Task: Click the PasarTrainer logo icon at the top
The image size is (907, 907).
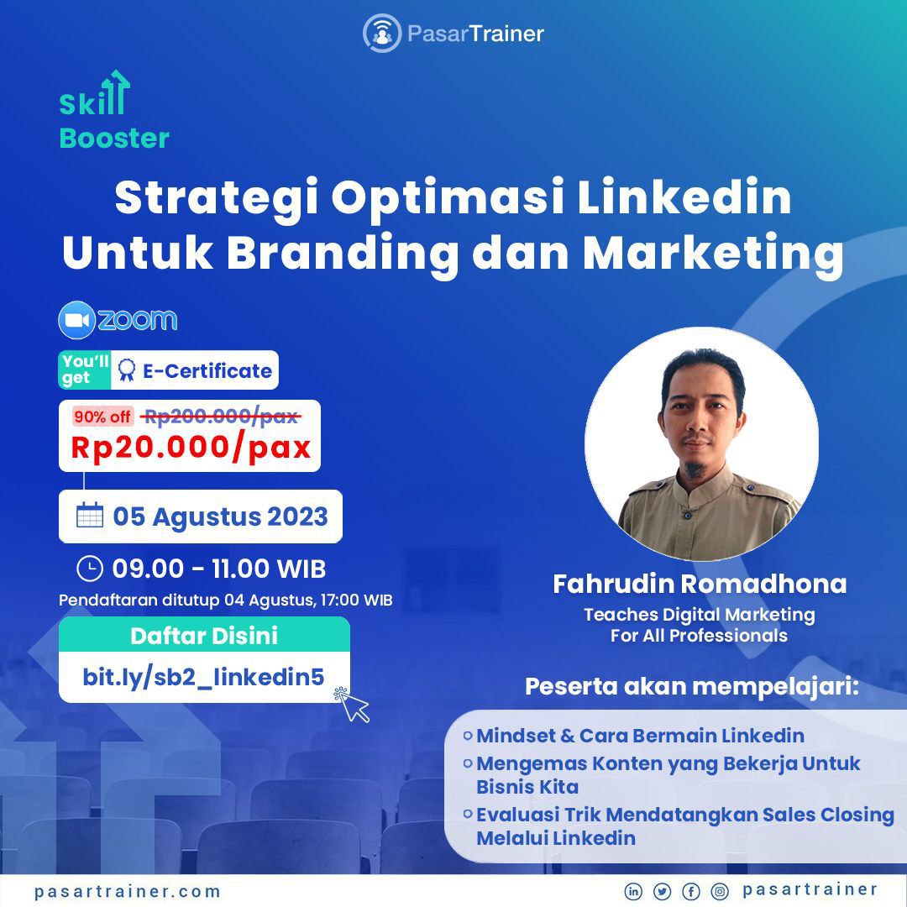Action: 382,34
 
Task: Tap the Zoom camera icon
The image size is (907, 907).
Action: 77,320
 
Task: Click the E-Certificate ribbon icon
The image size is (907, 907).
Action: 126,370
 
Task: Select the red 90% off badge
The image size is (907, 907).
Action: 102,417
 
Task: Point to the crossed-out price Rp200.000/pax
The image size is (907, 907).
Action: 221,416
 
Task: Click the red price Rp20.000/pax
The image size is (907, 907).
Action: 191,448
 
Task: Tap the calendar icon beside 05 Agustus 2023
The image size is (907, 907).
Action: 90,516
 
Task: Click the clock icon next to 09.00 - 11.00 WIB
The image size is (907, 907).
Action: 90,568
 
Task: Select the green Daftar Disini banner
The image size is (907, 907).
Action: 204,635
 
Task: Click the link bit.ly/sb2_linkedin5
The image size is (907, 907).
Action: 203,677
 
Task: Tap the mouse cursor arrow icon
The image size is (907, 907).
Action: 352,705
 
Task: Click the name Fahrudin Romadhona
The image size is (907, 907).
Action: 700,584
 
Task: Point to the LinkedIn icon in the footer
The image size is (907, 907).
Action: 633,891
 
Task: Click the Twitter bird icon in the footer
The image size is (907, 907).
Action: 662,891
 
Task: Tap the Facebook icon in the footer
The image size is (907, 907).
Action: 690,891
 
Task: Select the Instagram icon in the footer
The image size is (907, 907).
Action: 720,891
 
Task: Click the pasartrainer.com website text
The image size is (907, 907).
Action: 128,891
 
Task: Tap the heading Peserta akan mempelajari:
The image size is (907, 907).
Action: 692,687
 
